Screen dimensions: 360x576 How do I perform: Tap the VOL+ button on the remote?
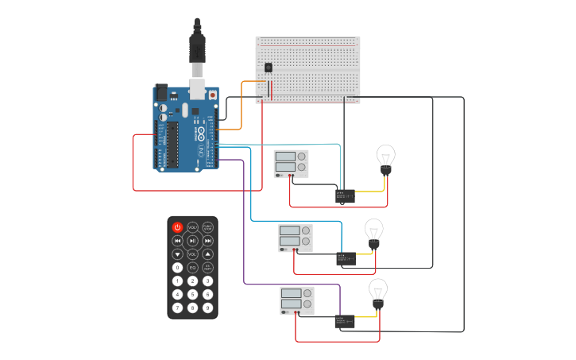(x=192, y=227)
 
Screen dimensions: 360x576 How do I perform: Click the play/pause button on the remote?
(x=192, y=241)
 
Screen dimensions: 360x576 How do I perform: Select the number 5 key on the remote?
(x=192, y=294)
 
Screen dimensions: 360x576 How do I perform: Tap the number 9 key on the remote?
(x=207, y=308)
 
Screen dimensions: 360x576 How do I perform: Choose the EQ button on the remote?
(x=192, y=268)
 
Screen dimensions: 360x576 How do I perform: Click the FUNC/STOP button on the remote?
(x=207, y=227)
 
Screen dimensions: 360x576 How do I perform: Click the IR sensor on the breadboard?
(x=268, y=68)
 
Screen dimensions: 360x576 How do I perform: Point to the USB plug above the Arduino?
(x=197, y=48)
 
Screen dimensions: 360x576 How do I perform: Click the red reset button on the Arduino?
(x=213, y=95)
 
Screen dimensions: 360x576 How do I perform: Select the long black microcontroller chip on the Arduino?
(x=172, y=145)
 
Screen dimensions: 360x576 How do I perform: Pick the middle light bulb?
(x=373, y=233)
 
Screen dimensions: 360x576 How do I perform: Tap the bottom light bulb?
(x=378, y=292)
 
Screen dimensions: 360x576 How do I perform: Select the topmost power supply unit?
(x=291, y=164)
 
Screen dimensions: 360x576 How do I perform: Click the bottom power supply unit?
(x=296, y=300)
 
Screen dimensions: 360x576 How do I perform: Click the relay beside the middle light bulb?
(x=346, y=257)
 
